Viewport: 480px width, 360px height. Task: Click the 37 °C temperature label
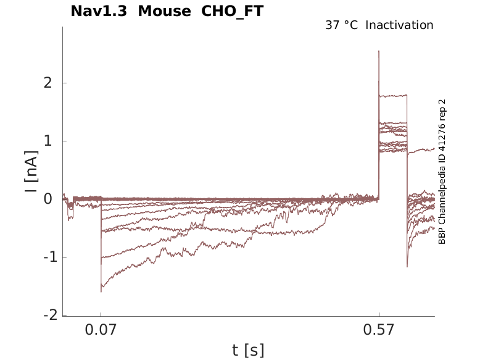point(341,25)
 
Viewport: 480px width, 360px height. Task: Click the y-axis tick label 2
point(47,83)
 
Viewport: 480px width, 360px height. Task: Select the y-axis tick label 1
point(47,141)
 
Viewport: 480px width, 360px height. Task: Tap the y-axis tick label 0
point(47,199)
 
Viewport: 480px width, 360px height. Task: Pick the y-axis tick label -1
point(44,257)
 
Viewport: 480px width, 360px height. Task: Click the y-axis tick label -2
point(44,315)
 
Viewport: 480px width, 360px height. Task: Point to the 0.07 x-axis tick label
point(101,330)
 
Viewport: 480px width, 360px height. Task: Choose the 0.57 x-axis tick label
point(379,330)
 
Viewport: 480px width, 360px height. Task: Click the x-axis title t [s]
point(248,351)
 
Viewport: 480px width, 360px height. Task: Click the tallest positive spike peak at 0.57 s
point(379,52)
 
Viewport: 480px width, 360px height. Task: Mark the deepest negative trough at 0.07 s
point(101,291)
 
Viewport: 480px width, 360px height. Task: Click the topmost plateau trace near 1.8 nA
point(393,96)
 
